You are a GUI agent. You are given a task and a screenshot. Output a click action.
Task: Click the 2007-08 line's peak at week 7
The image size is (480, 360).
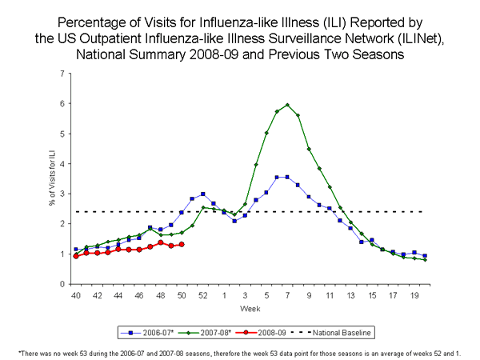coord(287,105)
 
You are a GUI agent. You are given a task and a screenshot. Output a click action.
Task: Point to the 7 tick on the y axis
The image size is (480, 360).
coord(63,74)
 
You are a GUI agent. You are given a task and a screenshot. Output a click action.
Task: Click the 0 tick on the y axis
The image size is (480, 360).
coord(63,284)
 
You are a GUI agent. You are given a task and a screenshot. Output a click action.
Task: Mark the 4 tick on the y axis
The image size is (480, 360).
coord(63,164)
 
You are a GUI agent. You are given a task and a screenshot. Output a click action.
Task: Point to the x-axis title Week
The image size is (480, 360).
coord(250,309)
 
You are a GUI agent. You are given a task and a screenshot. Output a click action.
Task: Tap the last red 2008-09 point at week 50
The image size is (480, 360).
coord(182,244)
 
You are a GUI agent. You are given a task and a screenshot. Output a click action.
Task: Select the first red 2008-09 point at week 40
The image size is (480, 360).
coord(76,256)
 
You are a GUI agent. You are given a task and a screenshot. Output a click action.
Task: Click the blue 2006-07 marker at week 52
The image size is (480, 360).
coord(203,194)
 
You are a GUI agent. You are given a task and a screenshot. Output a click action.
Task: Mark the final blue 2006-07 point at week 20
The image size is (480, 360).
coord(425,256)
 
